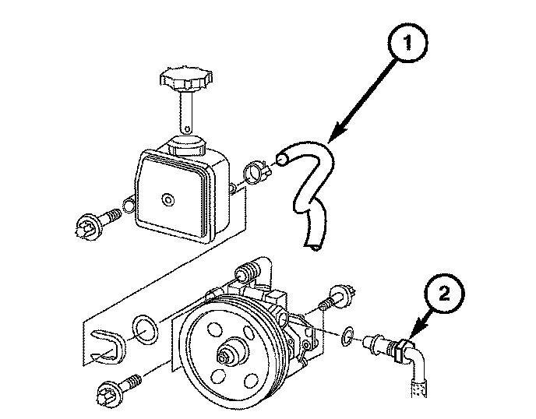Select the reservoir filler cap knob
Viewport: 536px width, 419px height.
184,79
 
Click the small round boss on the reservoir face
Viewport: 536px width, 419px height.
166,200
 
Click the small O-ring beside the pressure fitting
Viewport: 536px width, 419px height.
348,336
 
